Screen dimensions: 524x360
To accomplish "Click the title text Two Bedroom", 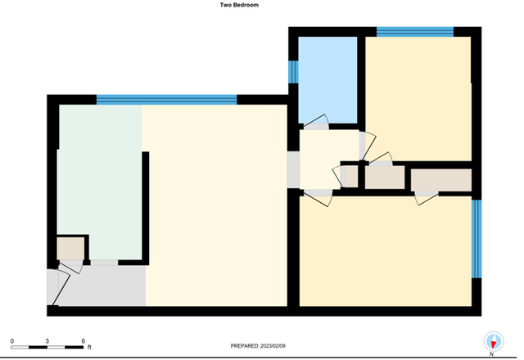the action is point(239,5).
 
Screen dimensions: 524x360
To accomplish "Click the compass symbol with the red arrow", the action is point(494,342).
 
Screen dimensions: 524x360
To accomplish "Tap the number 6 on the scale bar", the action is point(84,341).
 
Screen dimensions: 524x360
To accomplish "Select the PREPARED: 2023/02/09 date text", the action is point(258,346).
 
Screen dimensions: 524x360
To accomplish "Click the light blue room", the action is point(327,80).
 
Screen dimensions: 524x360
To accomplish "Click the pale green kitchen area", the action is point(100,180).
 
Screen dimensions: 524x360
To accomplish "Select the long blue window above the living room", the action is point(166,100).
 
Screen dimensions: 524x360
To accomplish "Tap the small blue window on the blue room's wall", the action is point(293,72).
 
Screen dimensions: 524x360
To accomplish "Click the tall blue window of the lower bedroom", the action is point(477,239).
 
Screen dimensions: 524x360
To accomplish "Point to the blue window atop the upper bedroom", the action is point(415,32).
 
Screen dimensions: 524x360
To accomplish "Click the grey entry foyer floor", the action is point(102,286).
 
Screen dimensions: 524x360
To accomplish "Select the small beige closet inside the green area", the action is point(70,248).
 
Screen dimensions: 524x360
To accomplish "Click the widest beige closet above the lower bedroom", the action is point(441,180).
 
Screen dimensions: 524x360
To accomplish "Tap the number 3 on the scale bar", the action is point(47,341).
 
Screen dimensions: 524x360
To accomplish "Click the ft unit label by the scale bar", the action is point(89,347).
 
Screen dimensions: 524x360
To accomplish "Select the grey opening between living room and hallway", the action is point(293,169).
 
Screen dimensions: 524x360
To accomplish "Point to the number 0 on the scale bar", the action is point(12,341).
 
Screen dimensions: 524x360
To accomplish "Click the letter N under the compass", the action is point(491,354).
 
